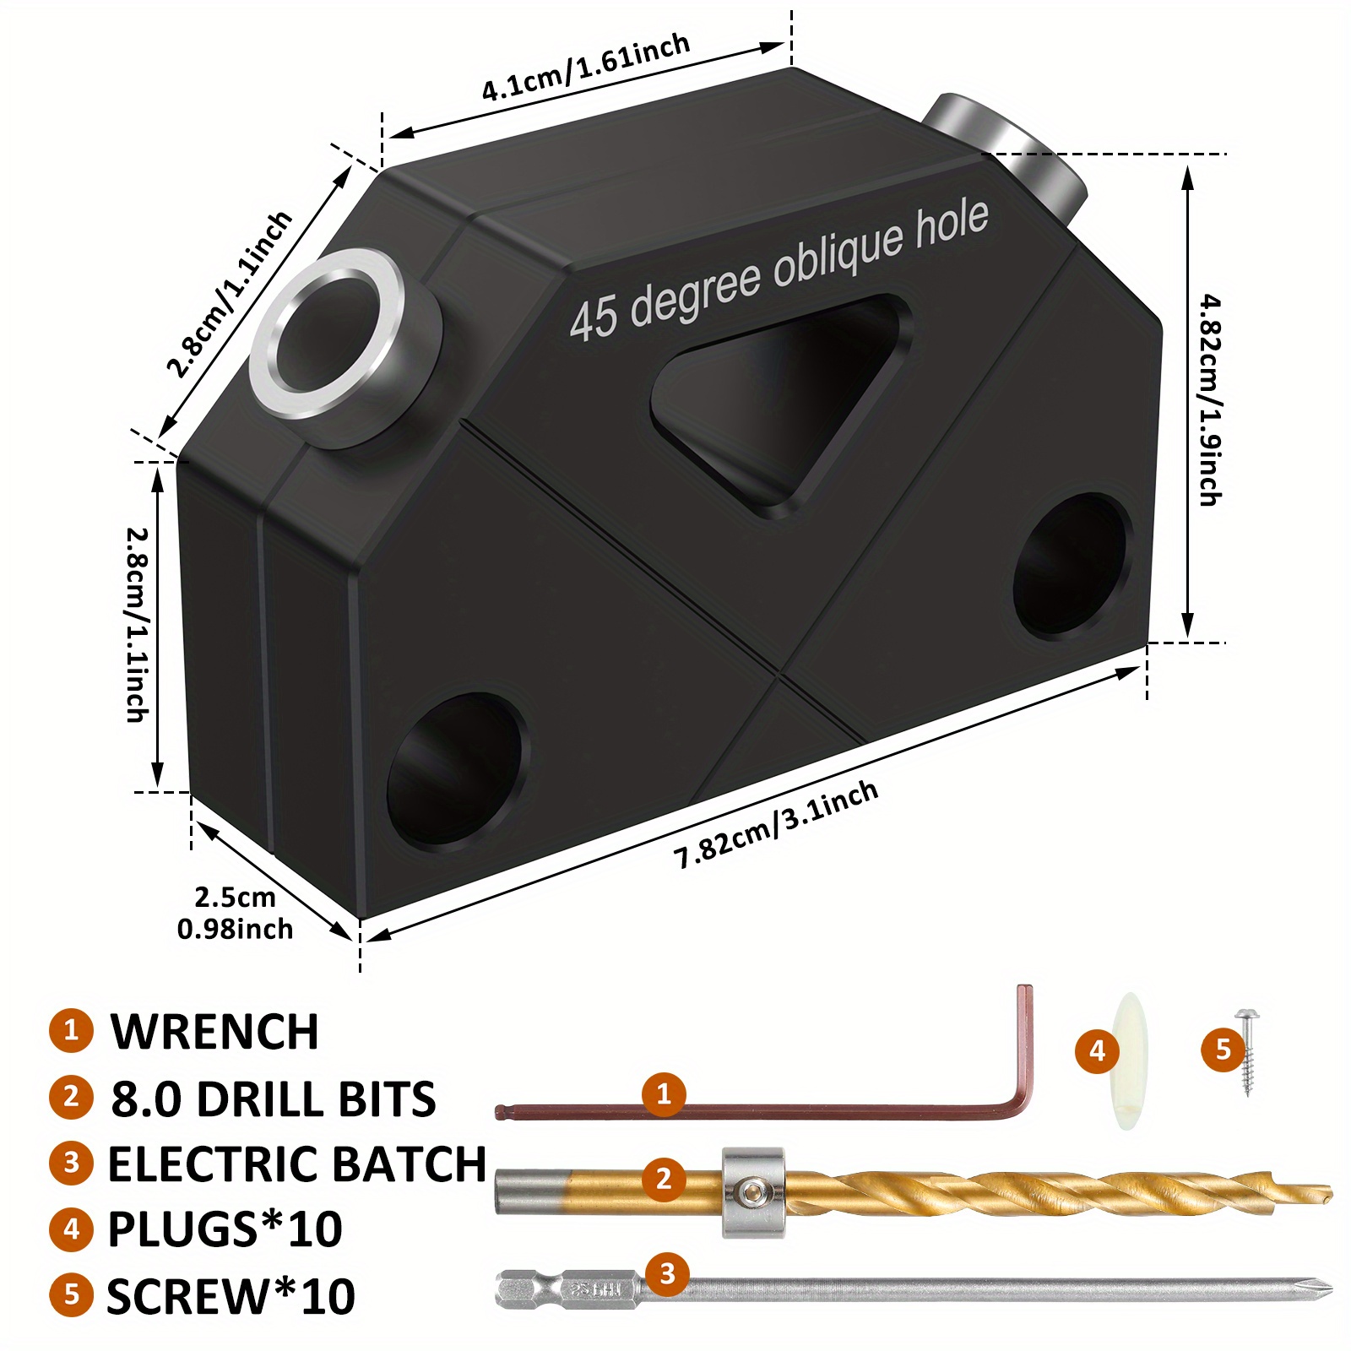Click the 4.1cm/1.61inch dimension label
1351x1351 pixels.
(x=586, y=68)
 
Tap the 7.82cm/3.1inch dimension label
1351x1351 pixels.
(x=776, y=825)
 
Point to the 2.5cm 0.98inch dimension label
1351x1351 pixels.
(x=235, y=913)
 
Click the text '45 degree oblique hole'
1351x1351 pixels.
(x=778, y=269)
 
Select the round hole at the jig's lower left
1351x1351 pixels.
(x=454, y=769)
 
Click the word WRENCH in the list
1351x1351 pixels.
(x=214, y=1032)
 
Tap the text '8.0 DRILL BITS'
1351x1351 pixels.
(x=273, y=1099)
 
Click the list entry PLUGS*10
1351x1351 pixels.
(x=225, y=1229)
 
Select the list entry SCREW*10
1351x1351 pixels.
(x=231, y=1296)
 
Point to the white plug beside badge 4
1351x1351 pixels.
(x=1126, y=1061)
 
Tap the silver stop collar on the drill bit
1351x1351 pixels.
(x=753, y=1192)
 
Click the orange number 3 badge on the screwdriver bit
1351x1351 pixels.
(x=667, y=1272)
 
